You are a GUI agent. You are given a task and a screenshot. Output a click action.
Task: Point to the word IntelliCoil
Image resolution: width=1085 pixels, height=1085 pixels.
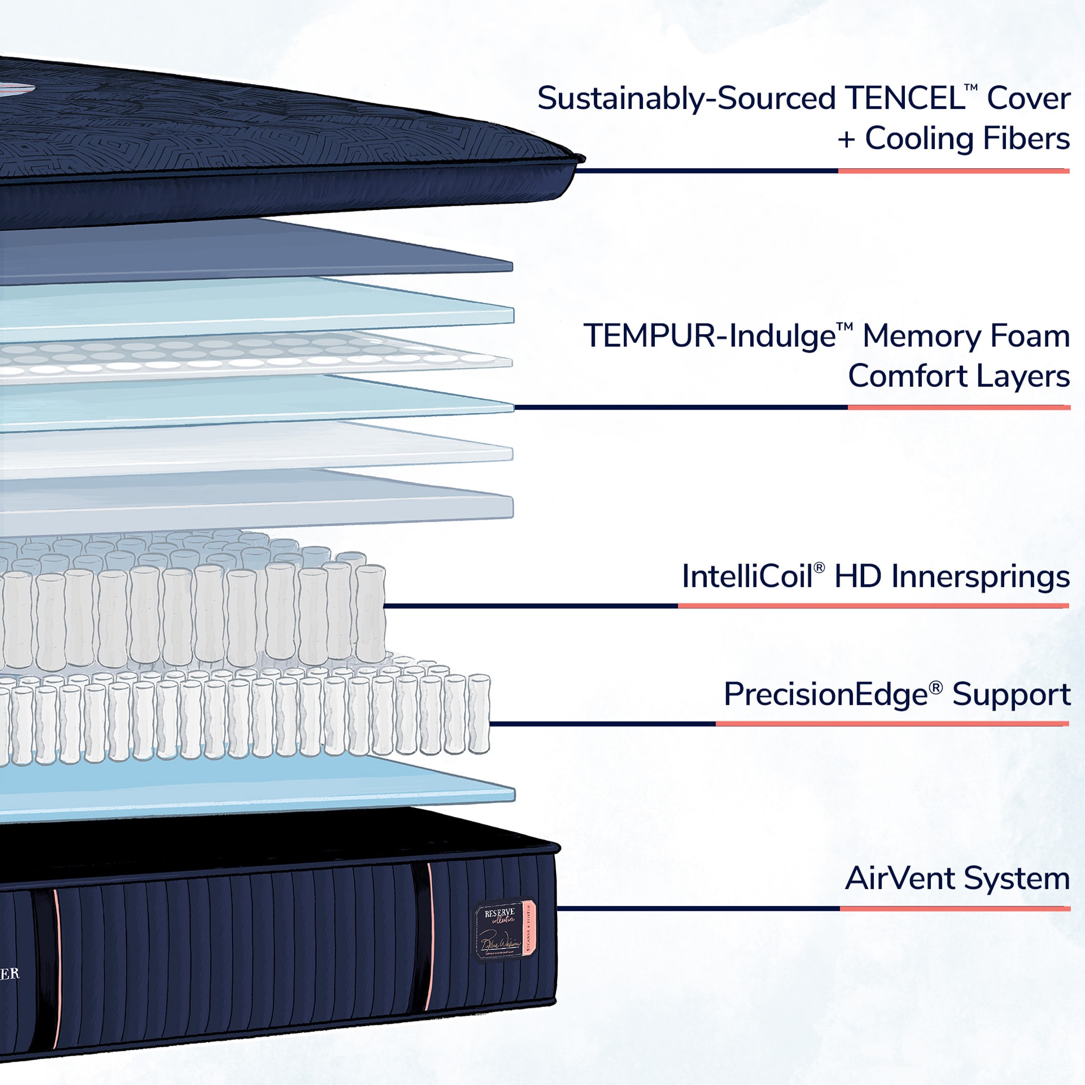click(x=747, y=576)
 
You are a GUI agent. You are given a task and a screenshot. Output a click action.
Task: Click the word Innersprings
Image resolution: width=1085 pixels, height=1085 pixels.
click(x=980, y=576)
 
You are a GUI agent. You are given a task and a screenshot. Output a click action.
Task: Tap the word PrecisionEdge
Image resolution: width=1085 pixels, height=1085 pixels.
click(x=825, y=694)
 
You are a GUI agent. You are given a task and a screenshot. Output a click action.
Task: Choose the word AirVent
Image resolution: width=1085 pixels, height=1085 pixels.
click(x=899, y=878)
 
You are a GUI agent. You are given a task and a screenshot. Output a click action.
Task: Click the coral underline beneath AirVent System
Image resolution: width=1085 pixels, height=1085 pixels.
click(x=955, y=909)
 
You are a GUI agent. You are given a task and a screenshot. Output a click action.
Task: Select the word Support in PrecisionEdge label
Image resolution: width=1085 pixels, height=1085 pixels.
click(x=1011, y=694)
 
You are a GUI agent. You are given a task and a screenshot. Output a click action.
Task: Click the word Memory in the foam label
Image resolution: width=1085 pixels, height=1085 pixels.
click(x=921, y=336)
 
